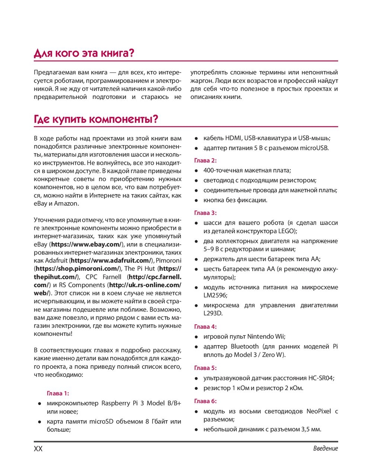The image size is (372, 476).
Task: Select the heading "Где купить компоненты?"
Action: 96,119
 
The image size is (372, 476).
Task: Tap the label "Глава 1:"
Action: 58,393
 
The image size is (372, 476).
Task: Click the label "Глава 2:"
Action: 205,161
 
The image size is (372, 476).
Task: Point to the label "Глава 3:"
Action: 205,213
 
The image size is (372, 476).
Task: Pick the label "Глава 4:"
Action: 205,327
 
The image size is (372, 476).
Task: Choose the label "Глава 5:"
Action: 205,368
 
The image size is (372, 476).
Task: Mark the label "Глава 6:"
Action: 205,401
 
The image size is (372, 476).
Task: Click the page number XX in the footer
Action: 38,448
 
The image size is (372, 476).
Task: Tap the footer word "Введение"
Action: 325,448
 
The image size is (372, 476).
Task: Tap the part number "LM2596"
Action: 215,295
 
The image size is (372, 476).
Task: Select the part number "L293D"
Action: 213,313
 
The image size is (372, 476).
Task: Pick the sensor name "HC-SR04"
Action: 321,378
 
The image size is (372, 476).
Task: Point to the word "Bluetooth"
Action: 244,347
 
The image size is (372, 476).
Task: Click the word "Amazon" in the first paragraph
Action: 66,204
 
